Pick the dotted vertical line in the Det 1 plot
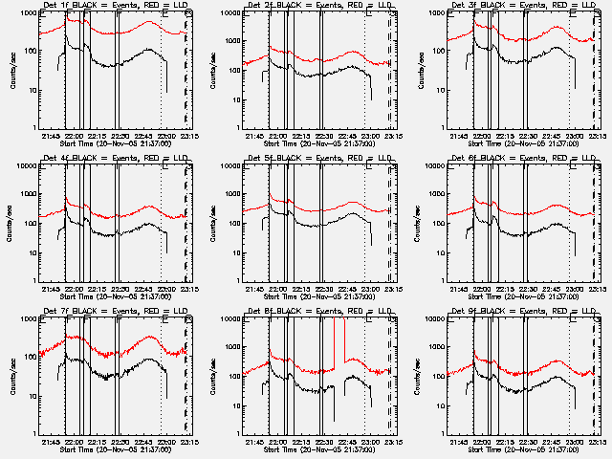(x=161, y=76)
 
